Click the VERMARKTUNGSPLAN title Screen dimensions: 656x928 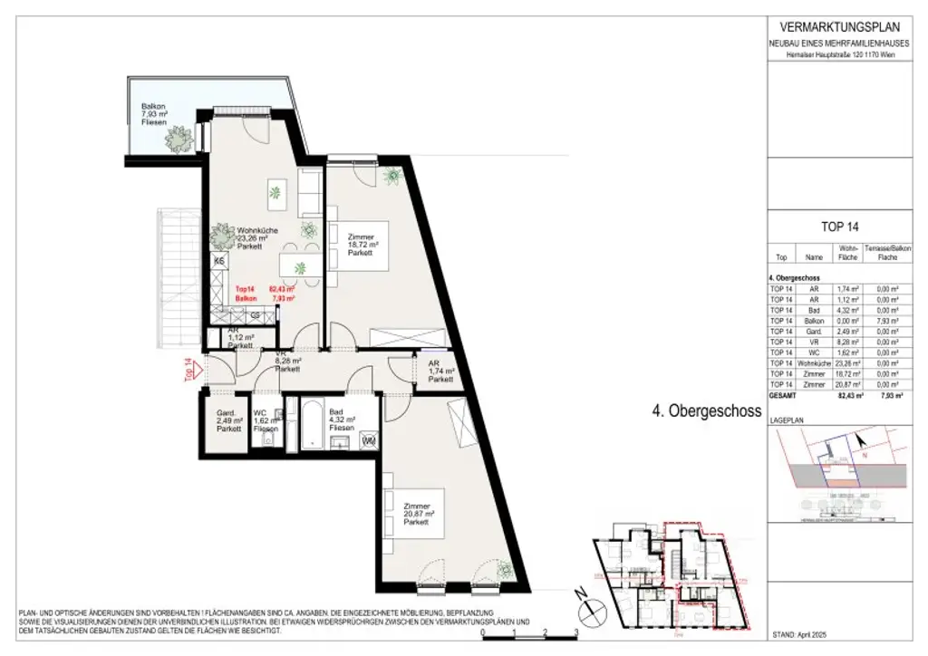[x=840, y=26]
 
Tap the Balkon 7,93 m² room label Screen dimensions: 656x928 [x=153, y=113]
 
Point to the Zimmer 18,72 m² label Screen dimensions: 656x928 [x=362, y=244]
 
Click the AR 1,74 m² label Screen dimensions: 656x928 [x=440, y=372]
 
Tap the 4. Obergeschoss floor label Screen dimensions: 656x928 [x=706, y=410]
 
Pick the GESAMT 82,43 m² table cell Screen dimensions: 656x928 [x=849, y=395]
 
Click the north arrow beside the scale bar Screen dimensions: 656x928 [x=582, y=601]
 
